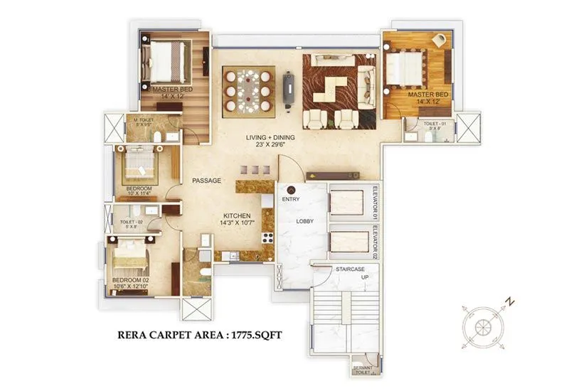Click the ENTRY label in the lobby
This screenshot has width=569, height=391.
[290, 200]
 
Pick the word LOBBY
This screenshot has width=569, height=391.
[305, 220]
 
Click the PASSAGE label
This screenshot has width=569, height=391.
[206, 181]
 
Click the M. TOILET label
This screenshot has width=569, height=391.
[144, 120]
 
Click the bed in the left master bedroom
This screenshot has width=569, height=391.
[167, 63]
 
